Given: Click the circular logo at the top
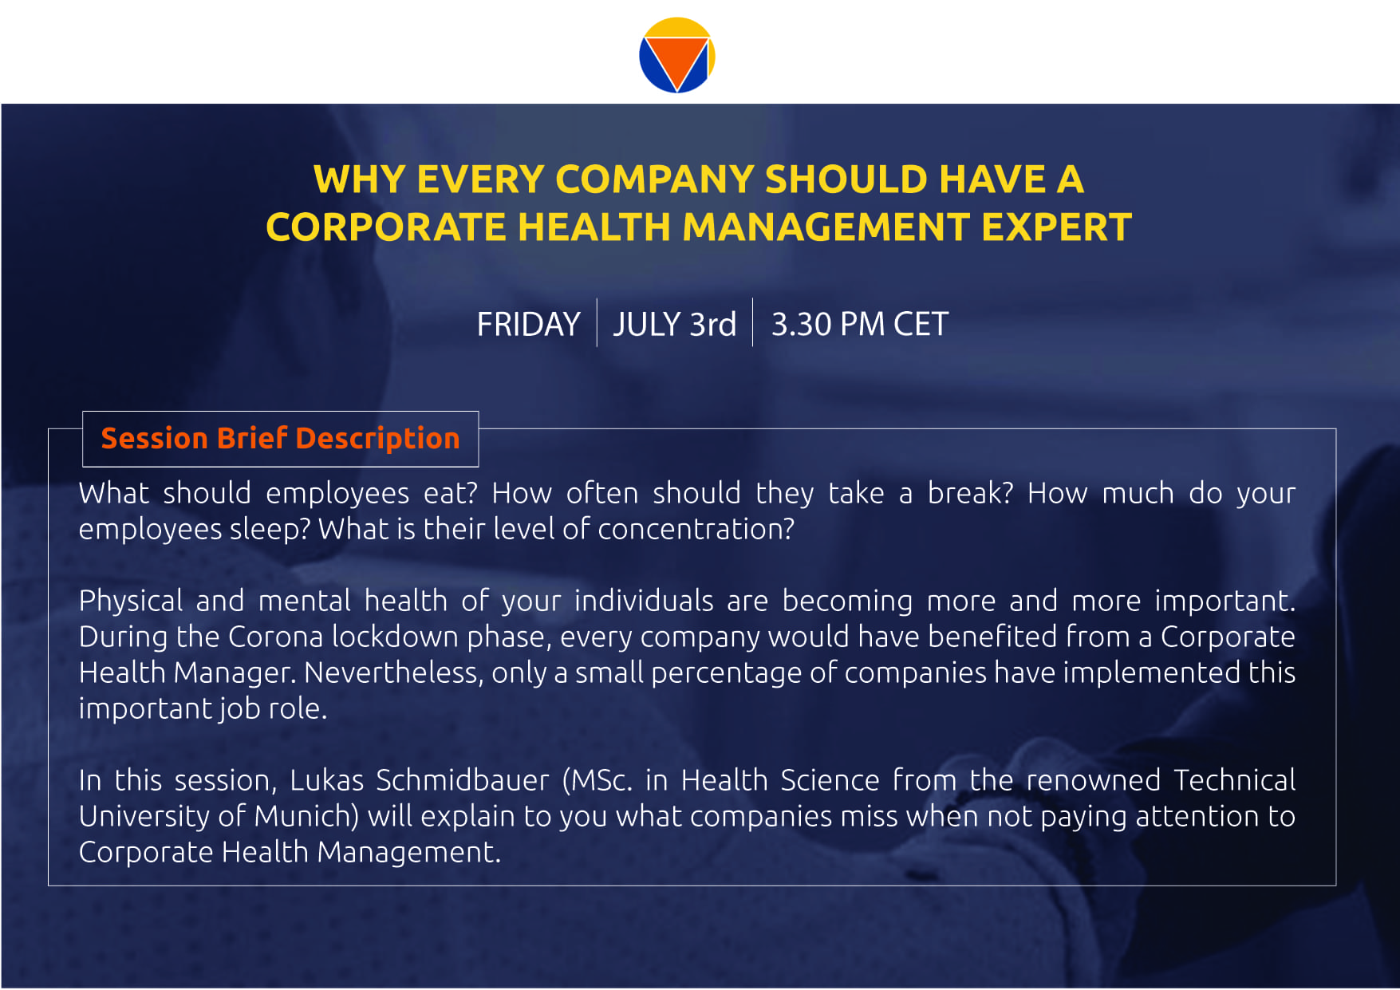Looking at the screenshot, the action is pyautogui.click(x=676, y=55).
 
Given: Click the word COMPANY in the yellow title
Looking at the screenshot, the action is pyautogui.click(x=654, y=179).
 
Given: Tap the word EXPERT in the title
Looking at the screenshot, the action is pyautogui.click(x=1056, y=227).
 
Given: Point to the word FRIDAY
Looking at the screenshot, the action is pyautogui.click(x=528, y=324).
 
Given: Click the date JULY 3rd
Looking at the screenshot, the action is pyautogui.click(x=675, y=324).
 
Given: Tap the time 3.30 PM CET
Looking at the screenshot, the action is pyautogui.click(x=860, y=324).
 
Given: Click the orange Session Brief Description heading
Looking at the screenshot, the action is pyautogui.click(x=281, y=438).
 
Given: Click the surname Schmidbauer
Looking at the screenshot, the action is pyautogui.click(x=463, y=779).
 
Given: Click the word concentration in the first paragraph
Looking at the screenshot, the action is pyautogui.click(x=696, y=528).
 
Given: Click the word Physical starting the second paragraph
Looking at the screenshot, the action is pyautogui.click(x=131, y=601).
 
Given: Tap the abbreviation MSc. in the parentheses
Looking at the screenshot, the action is pyautogui.click(x=598, y=779).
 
